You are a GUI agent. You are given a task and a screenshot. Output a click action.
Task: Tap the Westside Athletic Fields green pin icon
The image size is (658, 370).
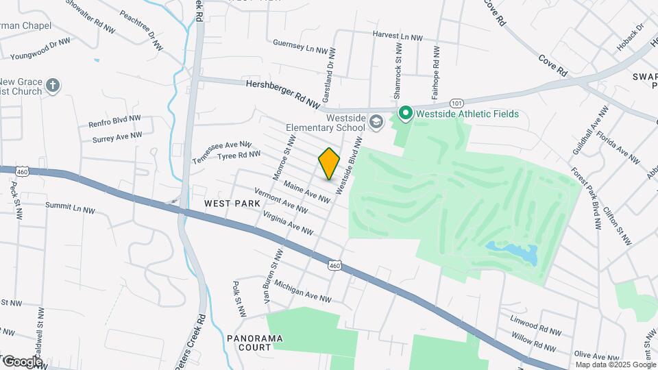[x=405, y=114]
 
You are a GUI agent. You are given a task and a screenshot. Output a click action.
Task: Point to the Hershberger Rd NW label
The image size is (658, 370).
[x=283, y=94]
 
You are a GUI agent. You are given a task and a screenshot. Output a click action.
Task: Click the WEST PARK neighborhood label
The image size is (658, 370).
[x=232, y=204]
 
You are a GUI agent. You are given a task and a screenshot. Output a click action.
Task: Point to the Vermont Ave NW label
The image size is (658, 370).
[x=280, y=200]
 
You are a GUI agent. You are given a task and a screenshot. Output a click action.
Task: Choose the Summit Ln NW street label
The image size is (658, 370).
[x=70, y=207]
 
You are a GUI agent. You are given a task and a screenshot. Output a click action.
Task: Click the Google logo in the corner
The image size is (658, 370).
[x=22, y=361]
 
